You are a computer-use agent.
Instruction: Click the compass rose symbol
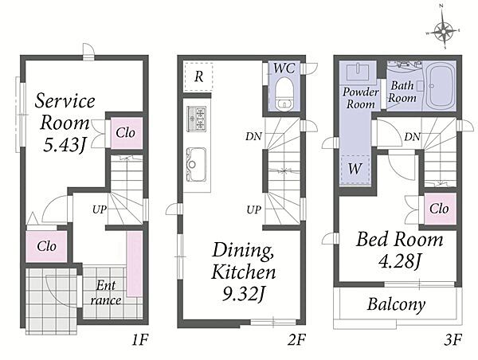[444, 30]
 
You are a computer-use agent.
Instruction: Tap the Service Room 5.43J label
[65, 123]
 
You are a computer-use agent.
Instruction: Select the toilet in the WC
[284, 93]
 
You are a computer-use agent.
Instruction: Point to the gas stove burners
[197, 119]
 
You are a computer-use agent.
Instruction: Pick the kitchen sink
[196, 164]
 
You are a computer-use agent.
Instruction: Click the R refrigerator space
[198, 76]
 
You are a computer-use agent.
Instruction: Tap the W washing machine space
[355, 169]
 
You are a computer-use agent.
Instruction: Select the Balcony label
[396, 304]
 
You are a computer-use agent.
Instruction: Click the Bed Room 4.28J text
[400, 250]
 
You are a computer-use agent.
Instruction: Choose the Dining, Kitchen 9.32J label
[244, 272]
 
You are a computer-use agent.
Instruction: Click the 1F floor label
[140, 339]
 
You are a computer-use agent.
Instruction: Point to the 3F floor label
[453, 339]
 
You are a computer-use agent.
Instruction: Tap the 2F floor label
[296, 339]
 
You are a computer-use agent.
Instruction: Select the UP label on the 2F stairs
[254, 209]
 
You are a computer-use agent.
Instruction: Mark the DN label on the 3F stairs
[412, 137]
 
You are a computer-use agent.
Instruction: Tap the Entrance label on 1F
[106, 292]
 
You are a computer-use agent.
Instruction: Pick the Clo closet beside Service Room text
[126, 133]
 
